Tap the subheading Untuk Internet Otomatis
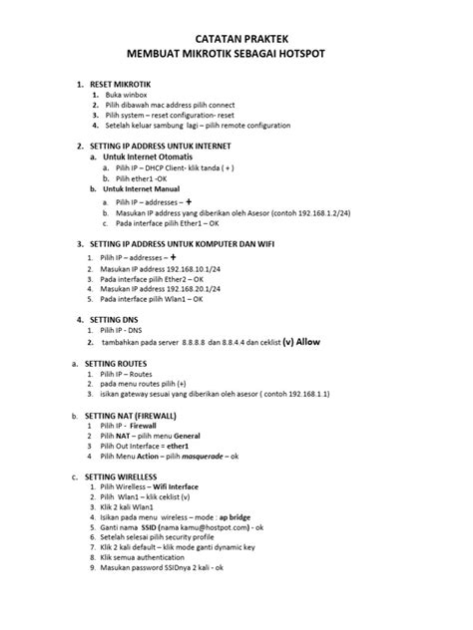tap(150, 157)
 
